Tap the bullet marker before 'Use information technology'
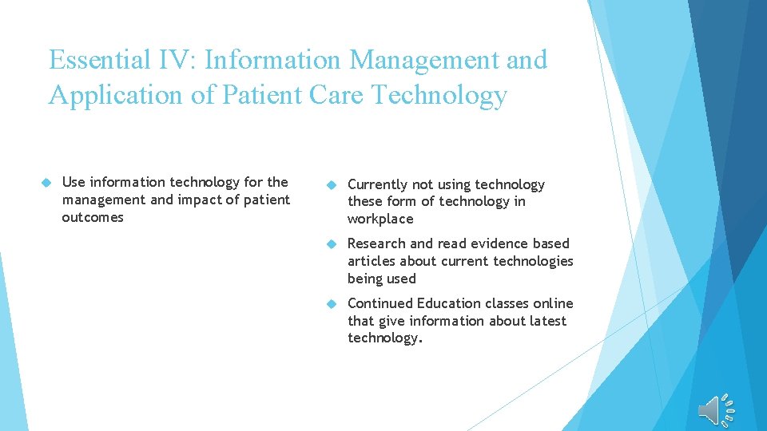point(46,183)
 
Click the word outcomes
point(93,217)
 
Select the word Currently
point(378,185)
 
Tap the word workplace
point(380,219)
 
